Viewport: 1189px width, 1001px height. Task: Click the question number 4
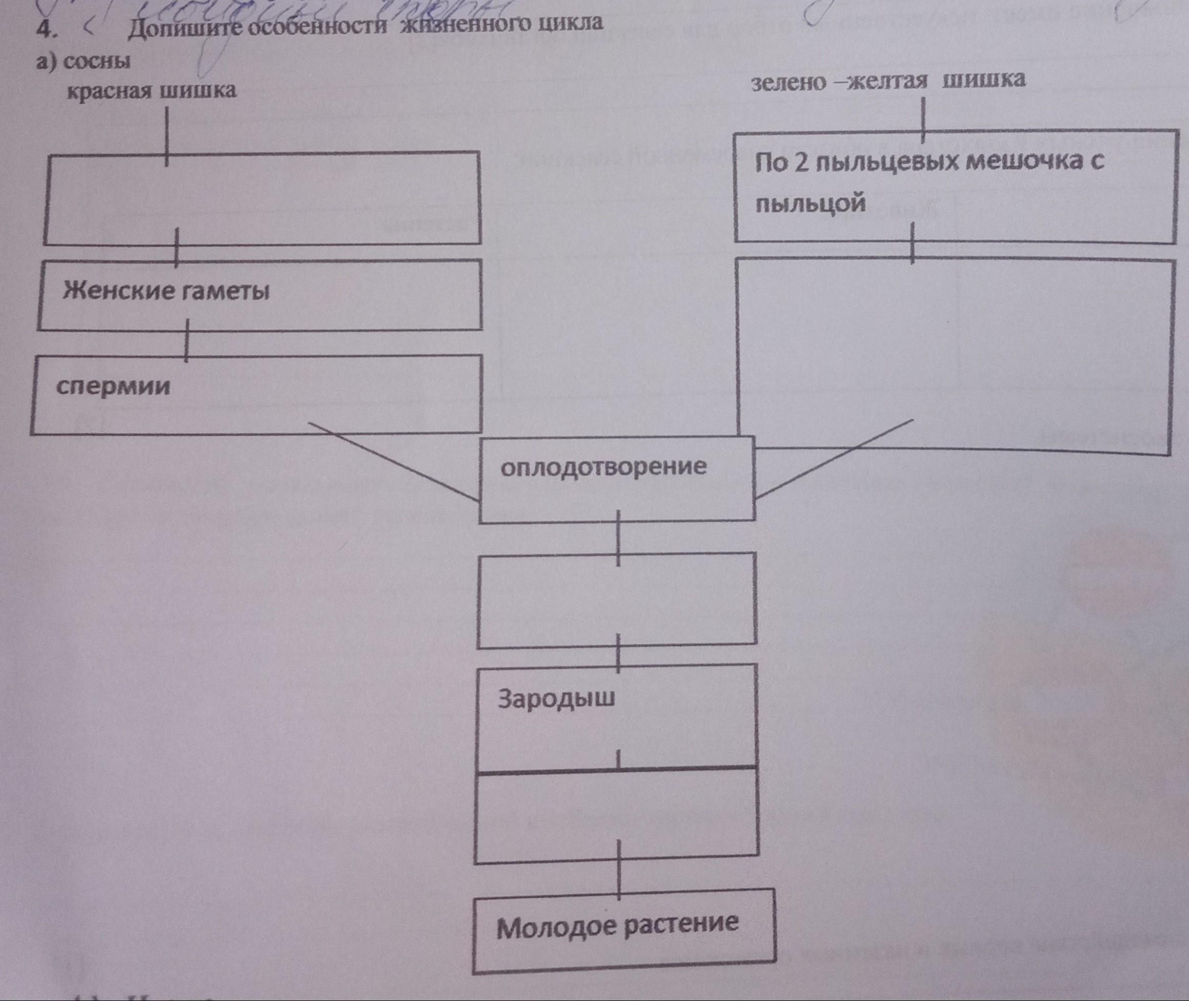click(45, 31)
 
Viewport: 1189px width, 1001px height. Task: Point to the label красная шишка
click(151, 90)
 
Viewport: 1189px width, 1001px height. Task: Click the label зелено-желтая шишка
click(889, 81)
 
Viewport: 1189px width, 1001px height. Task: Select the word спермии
click(114, 387)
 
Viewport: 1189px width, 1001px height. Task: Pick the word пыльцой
click(810, 203)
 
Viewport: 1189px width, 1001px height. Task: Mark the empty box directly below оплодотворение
click(616, 600)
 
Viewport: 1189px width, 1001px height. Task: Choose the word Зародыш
click(557, 699)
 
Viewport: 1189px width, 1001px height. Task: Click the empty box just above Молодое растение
click(616, 815)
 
